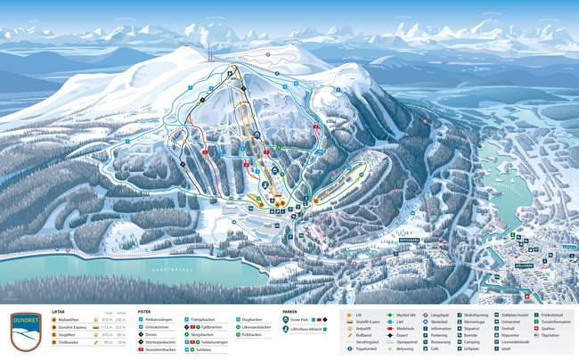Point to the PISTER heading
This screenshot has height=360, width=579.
pos(144,312)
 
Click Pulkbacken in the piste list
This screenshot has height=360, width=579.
pos(256,334)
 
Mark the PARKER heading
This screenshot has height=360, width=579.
pos(290,312)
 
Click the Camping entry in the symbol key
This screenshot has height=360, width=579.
pos(472,341)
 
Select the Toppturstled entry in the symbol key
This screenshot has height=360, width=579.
pos(370,348)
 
